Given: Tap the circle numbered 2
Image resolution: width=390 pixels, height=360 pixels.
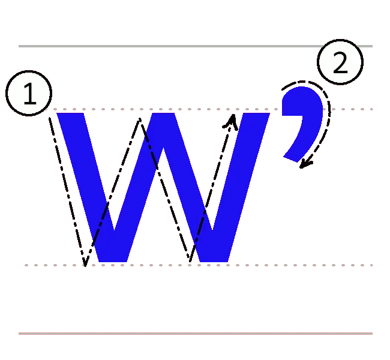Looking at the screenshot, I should click(x=340, y=62).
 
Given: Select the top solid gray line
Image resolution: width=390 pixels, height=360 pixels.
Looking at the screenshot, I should click(x=194, y=46).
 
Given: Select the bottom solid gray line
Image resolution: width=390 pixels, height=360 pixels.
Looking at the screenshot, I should click(x=194, y=334).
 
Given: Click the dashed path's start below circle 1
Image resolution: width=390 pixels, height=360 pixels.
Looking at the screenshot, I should click(x=50, y=118).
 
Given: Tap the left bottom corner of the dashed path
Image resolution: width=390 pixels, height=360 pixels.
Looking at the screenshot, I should click(x=85, y=265).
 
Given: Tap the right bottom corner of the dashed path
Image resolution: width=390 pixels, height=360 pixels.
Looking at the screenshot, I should click(x=190, y=262).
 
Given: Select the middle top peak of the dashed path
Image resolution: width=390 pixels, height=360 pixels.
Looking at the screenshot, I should click(x=140, y=118).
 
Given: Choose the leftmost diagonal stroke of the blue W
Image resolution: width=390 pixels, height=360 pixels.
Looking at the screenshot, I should click(x=90, y=186).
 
